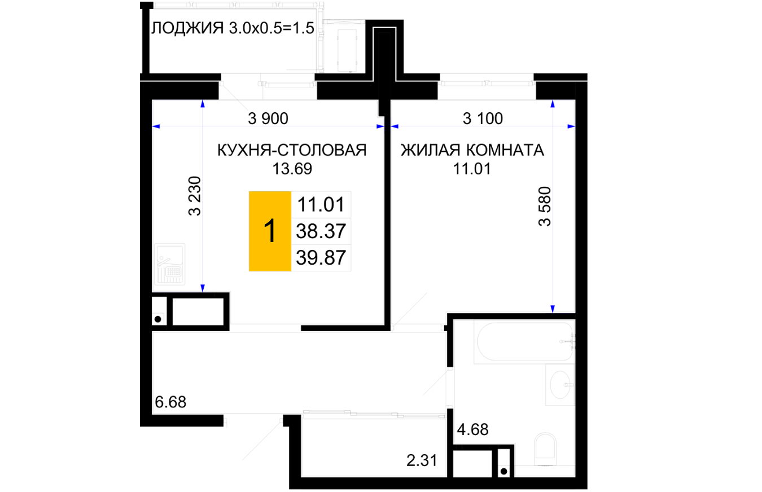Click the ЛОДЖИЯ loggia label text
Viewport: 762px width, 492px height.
coord(187,28)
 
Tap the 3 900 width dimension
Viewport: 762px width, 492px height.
coord(268,118)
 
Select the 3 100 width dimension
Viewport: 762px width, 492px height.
coord(483,118)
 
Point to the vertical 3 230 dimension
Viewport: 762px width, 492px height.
coord(195,196)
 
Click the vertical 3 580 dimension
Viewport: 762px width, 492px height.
coord(545,207)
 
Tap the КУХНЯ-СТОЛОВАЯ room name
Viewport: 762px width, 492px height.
coord(292,150)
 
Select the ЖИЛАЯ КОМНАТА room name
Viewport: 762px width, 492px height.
coord(472,150)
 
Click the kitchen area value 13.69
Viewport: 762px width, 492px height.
coord(292,169)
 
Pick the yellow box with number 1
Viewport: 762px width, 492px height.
coord(270,231)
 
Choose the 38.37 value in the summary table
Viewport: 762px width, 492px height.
coord(321,231)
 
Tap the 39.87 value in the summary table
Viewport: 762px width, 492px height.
coord(321,257)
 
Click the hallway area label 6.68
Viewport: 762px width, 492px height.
coord(170,402)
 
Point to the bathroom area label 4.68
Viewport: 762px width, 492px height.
coord(472,430)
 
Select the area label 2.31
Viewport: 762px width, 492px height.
coord(422,461)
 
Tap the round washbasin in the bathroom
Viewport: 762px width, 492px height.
coord(560,385)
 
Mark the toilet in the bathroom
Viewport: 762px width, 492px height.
coord(545,449)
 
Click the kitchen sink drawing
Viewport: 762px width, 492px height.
coord(170,264)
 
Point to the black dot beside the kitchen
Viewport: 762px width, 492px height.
coord(158,319)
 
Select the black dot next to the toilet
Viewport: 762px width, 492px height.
coord(504,471)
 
